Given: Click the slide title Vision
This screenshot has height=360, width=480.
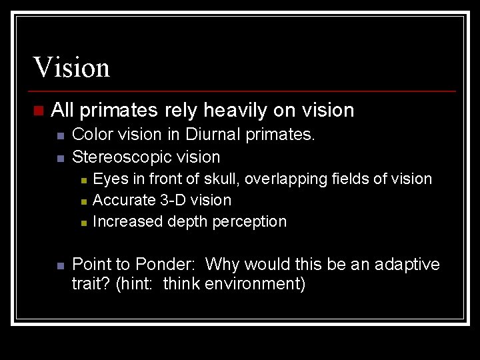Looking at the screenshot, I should [71, 67].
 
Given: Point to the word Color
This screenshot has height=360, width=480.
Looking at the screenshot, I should [91, 135].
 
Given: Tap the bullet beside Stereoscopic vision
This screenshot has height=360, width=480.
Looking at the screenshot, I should [59, 159].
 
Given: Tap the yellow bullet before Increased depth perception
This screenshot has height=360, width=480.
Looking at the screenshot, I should [82, 223].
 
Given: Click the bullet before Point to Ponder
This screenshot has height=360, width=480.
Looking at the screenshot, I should [59, 265].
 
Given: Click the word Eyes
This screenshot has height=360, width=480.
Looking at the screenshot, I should [109, 179].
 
